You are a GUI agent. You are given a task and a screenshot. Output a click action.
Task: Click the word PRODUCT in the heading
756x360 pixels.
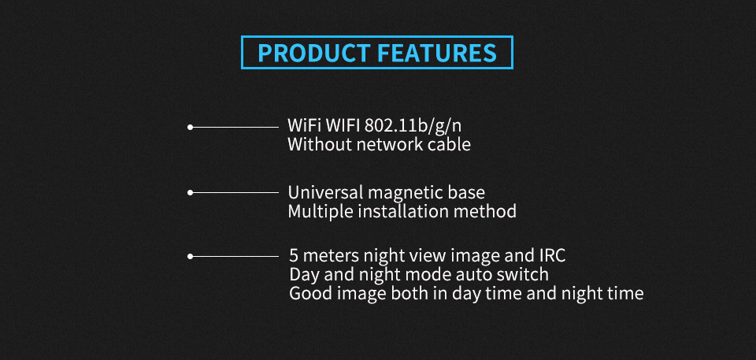tap(314, 53)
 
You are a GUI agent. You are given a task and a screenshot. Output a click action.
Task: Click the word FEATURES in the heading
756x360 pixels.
tap(437, 53)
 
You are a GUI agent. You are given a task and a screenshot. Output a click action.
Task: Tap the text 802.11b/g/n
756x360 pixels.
tap(413, 126)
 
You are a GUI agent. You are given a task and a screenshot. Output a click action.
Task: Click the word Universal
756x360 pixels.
tap(325, 192)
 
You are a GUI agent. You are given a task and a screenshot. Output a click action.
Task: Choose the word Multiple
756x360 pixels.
tap(318, 211)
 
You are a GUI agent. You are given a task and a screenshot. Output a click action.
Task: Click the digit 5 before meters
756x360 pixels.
tap(294, 255)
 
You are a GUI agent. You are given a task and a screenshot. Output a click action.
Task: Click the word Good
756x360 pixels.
tap(306, 293)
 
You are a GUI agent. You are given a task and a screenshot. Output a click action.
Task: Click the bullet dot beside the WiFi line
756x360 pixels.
tap(190, 127)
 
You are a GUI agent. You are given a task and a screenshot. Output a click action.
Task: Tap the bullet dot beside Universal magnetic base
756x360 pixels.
tap(190, 192)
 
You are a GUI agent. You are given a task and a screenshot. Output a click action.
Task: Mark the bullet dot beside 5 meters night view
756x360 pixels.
tap(190, 256)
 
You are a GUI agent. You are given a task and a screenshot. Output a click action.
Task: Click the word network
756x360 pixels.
tap(387, 144)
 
